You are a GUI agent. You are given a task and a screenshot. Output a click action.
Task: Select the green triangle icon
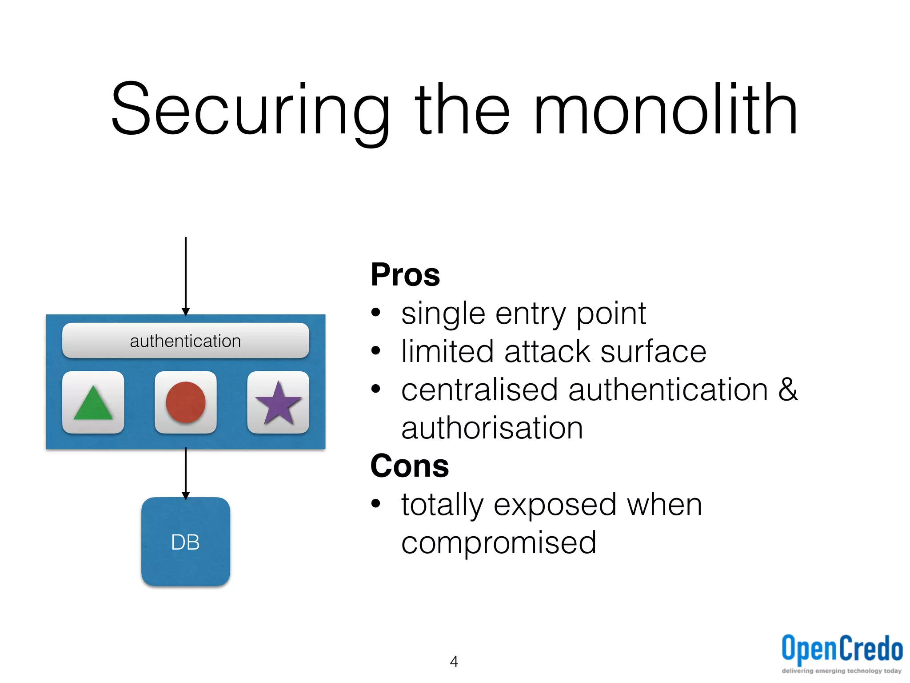point(93,402)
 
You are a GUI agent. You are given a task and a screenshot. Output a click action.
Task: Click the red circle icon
point(186,402)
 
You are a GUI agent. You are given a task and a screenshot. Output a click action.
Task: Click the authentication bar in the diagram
point(186,341)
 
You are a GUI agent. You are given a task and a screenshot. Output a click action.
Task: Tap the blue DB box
point(186,542)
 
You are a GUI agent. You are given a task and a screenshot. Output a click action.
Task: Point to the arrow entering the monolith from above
point(186,276)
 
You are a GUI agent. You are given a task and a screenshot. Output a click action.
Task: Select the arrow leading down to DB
point(186,474)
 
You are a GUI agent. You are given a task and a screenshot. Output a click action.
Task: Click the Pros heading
point(405,275)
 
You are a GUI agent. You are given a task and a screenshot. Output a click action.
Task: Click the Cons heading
point(410,466)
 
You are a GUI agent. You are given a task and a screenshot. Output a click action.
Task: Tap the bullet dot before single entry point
point(376,313)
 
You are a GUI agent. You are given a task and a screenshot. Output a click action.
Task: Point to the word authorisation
point(492,428)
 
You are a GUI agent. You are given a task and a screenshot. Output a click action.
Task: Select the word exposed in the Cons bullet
point(555,505)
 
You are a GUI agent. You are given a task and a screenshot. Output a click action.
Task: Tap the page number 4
point(454,662)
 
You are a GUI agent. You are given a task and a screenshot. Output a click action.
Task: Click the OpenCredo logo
point(842,651)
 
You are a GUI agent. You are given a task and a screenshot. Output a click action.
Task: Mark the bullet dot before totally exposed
point(376,504)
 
